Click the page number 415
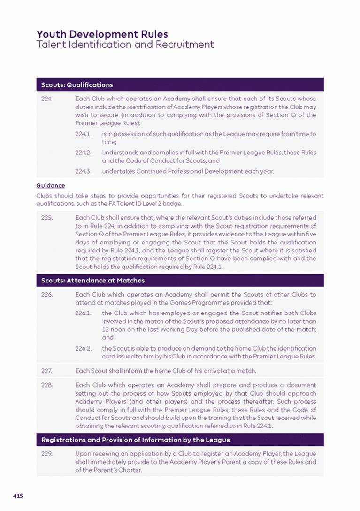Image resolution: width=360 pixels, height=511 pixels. pyautogui.click(x=18, y=496)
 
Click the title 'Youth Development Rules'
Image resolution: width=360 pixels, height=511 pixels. pyautogui.click(x=102, y=34)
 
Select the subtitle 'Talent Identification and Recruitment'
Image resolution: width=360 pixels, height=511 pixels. pyautogui.click(x=125, y=45)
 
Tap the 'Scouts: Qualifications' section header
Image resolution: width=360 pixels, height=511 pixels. pyautogui.click(x=77, y=85)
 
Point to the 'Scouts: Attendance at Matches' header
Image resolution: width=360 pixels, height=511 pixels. pyautogui.click(x=93, y=281)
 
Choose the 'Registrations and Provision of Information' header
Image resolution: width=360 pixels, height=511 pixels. pyautogui.click(x=136, y=440)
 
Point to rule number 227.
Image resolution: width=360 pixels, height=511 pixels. pyautogui.click(x=46, y=371)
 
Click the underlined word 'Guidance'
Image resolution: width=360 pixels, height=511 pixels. pyautogui.click(x=51, y=186)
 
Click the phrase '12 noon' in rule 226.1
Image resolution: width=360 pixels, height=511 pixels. pyautogui.click(x=113, y=329)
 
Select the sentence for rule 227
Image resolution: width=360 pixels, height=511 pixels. pyautogui.click(x=165, y=371)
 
